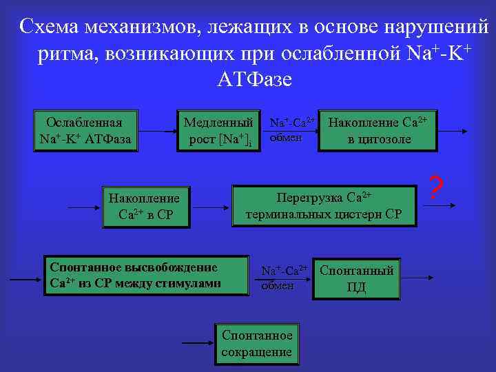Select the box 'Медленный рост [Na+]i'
[x=220, y=130]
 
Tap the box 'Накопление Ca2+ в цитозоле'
[x=378, y=130]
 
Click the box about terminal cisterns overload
[x=324, y=205]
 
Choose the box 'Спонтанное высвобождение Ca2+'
[x=145, y=276]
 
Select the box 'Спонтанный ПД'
[x=356, y=278]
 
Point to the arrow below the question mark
[x=442, y=205]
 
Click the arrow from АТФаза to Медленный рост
[x=156, y=131]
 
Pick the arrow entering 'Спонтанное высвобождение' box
[x=26, y=278]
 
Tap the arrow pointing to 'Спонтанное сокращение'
[x=196, y=342]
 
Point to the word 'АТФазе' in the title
[x=254, y=79]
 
